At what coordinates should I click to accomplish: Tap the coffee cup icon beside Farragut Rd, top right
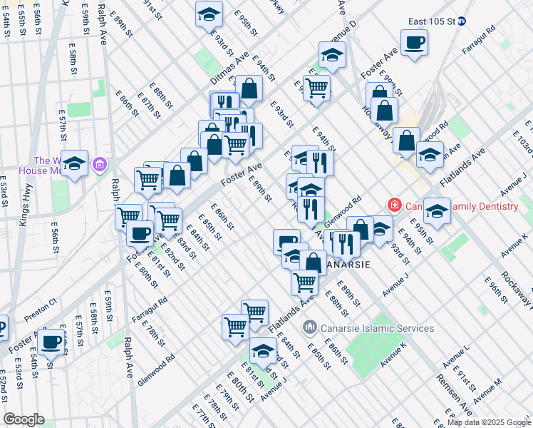[414, 44]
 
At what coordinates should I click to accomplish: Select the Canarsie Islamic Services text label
[377, 328]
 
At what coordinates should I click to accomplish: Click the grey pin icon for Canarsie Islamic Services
[310, 328]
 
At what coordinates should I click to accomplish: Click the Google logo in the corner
[24, 419]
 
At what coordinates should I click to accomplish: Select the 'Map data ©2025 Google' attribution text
[488, 422]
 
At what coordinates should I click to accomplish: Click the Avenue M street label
[487, 390]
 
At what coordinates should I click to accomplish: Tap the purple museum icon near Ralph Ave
[99, 165]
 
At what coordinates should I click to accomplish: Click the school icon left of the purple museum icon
[74, 164]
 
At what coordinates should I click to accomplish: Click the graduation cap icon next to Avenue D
[332, 55]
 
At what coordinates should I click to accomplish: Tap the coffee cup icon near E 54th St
[51, 342]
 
